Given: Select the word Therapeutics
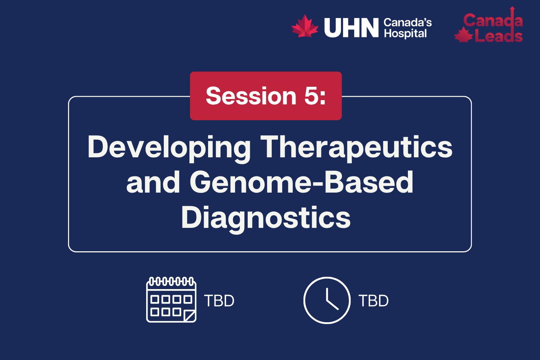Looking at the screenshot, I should tap(356, 148).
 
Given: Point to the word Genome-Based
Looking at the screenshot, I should tap(302, 182).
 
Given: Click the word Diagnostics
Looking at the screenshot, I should tap(266, 217).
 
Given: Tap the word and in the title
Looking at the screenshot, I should tap(153, 182).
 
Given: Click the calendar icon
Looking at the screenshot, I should tap(171, 300).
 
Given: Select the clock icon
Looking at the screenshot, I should tap(327, 300).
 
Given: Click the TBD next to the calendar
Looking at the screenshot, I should tap(219, 301).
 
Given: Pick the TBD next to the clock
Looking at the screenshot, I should tap(374, 301).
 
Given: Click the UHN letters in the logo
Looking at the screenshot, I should tap(351, 28).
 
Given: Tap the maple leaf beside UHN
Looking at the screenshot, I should tap(305, 26).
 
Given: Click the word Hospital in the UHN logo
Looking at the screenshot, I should tap(405, 34).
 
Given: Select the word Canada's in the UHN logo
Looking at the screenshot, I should tap(408, 23).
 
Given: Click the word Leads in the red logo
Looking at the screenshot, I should tap(499, 36).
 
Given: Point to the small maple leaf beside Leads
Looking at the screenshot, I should tap(463, 35).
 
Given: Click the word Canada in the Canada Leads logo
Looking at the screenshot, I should tap(492, 21).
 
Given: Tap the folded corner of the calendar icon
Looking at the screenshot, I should tap(190, 316).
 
